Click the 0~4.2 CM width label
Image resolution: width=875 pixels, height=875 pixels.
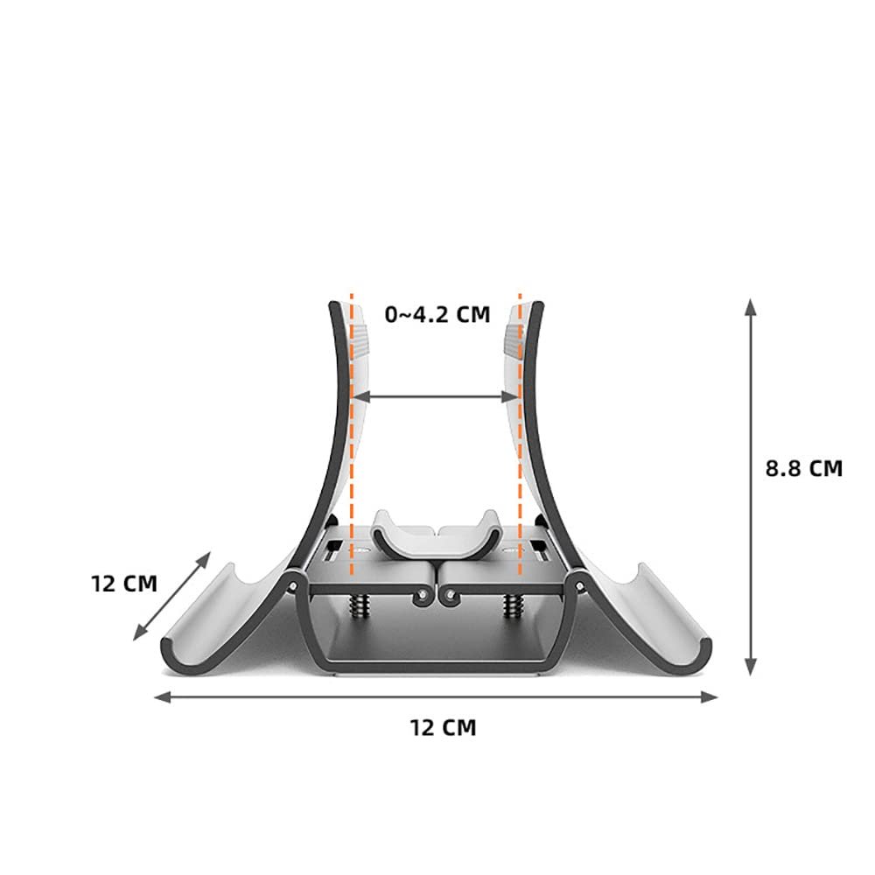pyautogui.click(x=437, y=314)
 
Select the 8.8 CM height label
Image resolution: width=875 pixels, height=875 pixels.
pyautogui.click(x=803, y=468)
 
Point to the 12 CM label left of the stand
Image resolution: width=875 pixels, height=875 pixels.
pyautogui.click(x=124, y=583)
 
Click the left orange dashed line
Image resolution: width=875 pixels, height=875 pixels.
pyautogui.click(x=352, y=437)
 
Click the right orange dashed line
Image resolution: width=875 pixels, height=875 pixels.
pyautogui.click(x=521, y=437)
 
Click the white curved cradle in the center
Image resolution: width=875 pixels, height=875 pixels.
pyautogui.click(x=436, y=534)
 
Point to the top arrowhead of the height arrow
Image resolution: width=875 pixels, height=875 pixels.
pyautogui.click(x=750, y=305)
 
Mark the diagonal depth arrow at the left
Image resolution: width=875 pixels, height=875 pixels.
pyautogui.click(x=172, y=595)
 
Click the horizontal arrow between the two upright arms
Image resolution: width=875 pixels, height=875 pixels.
pyautogui.click(x=436, y=396)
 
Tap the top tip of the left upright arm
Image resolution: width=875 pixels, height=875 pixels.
pyautogui.click(x=333, y=306)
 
